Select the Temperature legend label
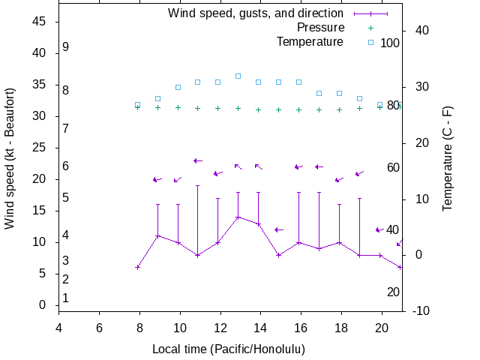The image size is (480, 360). coord(310,41)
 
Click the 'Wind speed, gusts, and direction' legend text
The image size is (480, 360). coord(255,13)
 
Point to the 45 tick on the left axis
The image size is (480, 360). coord(40,22)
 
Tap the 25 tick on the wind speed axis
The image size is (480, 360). coord(40,148)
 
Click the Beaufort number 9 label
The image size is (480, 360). coord(66,47)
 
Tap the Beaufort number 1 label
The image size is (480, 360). coord(66,298)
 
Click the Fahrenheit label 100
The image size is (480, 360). coord(390,43)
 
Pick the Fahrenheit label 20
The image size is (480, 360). coord(393,292)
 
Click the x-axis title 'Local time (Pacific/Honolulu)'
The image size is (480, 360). coord(229,349)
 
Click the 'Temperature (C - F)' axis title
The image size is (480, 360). coord(448,158)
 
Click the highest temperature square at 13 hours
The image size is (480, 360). coord(238,76)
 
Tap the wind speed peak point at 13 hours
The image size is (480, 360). coord(238,217)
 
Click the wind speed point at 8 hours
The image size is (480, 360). coord(137,267)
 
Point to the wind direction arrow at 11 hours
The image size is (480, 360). coord(198,160)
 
